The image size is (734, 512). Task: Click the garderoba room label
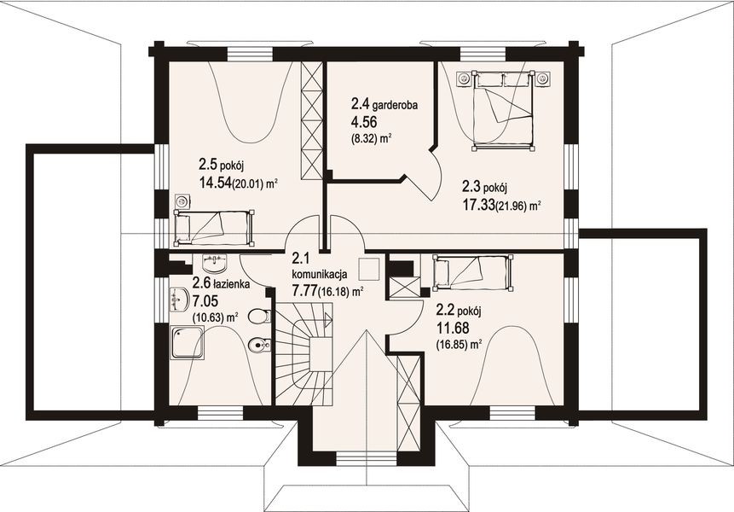pyautogui.click(x=396, y=105)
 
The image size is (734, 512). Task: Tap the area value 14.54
pyautogui.click(x=216, y=183)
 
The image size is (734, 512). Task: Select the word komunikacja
pyautogui.click(x=319, y=275)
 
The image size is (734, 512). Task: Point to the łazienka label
pyautogui.click(x=231, y=284)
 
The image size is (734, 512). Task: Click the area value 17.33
pyautogui.click(x=479, y=204)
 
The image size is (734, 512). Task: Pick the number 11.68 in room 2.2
pyautogui.click(x=453, y=328)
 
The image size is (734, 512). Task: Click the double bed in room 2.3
pyautogui.click(x=503, y=110)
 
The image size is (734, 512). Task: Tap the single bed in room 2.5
pyautogui.click(x=214, y=228)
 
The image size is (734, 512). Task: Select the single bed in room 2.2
pyautogui.click(x=473, y=272)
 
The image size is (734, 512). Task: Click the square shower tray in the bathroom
pyautogui.click(x=188, y=342)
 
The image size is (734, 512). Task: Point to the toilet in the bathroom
pyautogui.click(x=259, y=317)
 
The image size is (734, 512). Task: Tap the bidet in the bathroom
pyautogui.click(x=259, y=346)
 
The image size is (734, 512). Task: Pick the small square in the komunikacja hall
pyautogui.click(x=368, y=269)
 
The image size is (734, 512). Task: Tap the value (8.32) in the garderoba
pyautogui.click(x=364, y=138)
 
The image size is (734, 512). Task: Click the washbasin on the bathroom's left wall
pyautogui.click(x=178, y=300)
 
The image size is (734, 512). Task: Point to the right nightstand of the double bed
pyautogui.click(x=542, y=78)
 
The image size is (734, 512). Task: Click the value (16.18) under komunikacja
pyautogui.click(x=334, y=293)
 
